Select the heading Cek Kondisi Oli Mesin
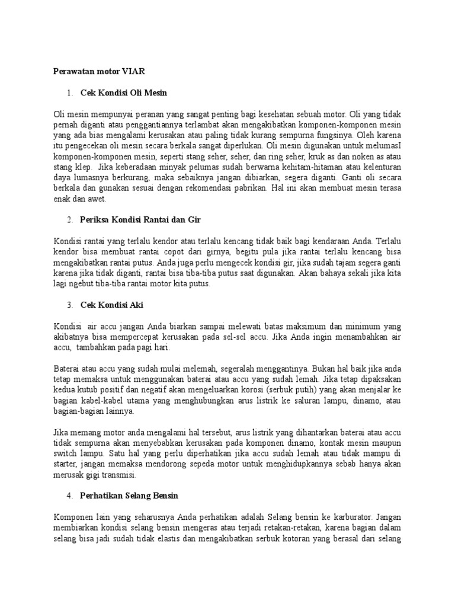coord(124,93)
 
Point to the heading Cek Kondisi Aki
coord(112,305)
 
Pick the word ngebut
coord(82,284)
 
